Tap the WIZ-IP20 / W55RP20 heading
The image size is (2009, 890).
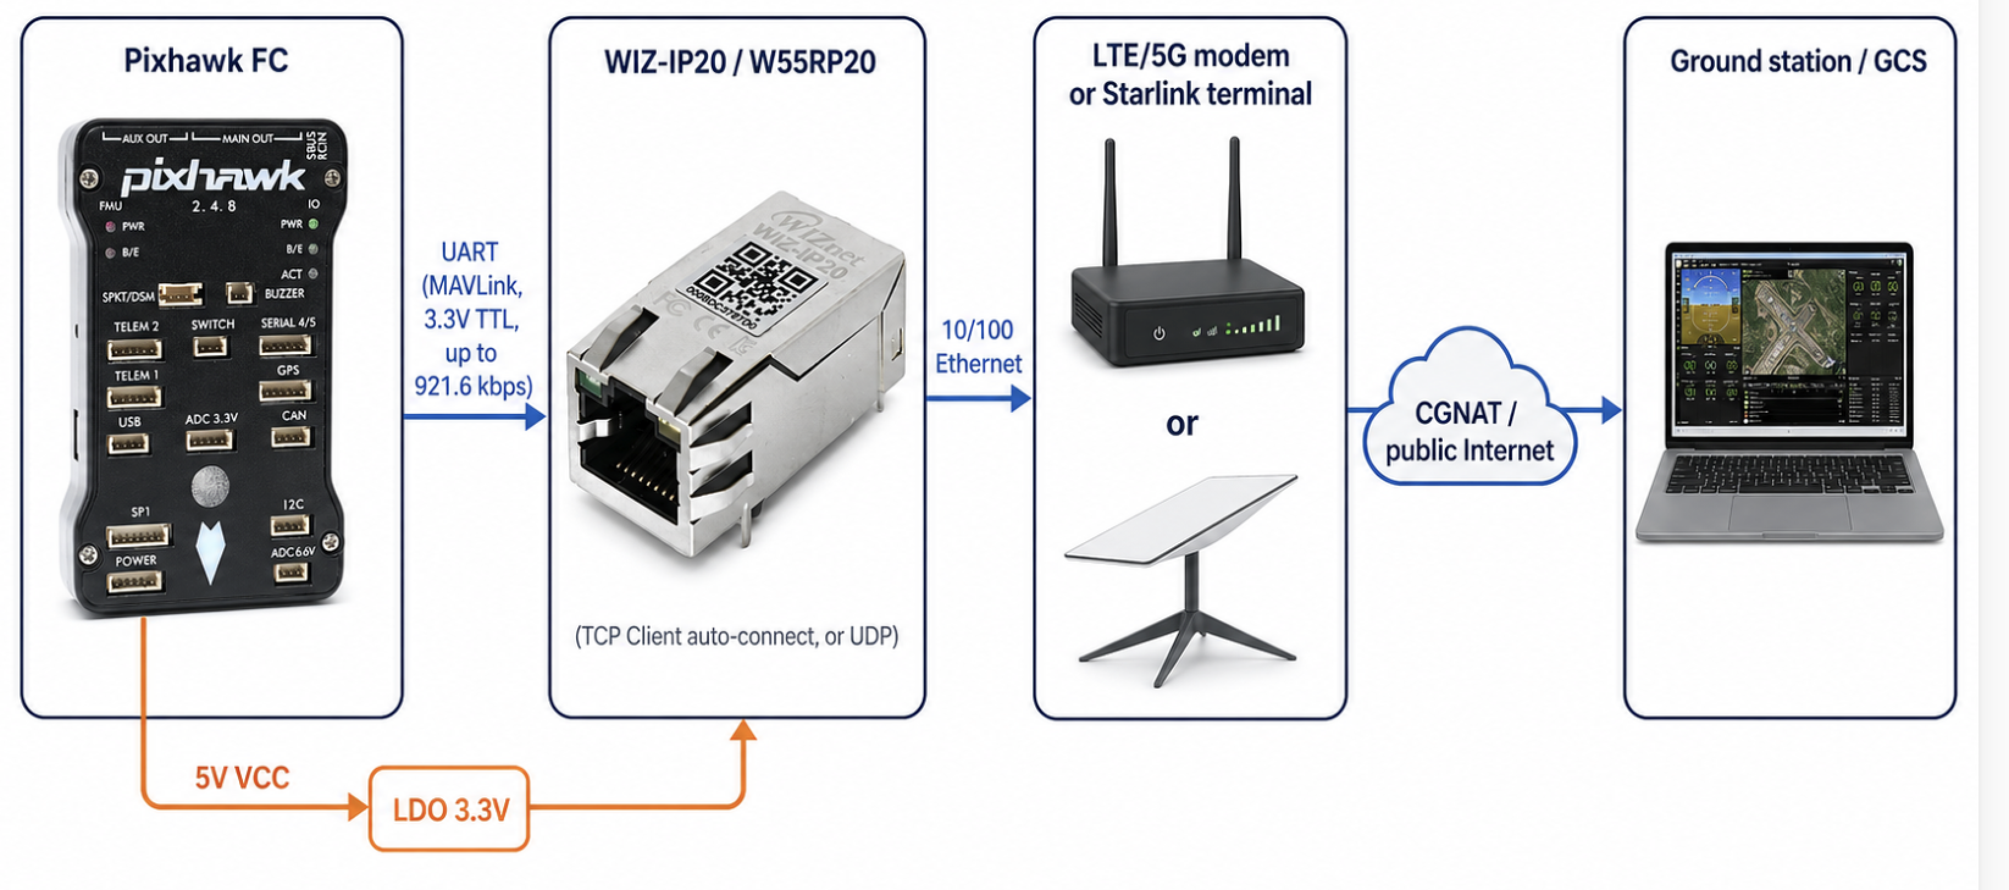[x=739, y=62]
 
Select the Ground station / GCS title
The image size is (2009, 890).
[x=1798, y=61]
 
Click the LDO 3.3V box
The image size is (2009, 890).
[x=449, y=809]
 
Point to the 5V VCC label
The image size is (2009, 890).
[x=242, y=778]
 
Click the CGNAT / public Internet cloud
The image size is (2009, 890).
[x=1470, y=432]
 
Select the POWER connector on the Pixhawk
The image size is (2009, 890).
[x=135, y=581]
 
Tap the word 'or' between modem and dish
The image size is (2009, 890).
[x=1181, y=424]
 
